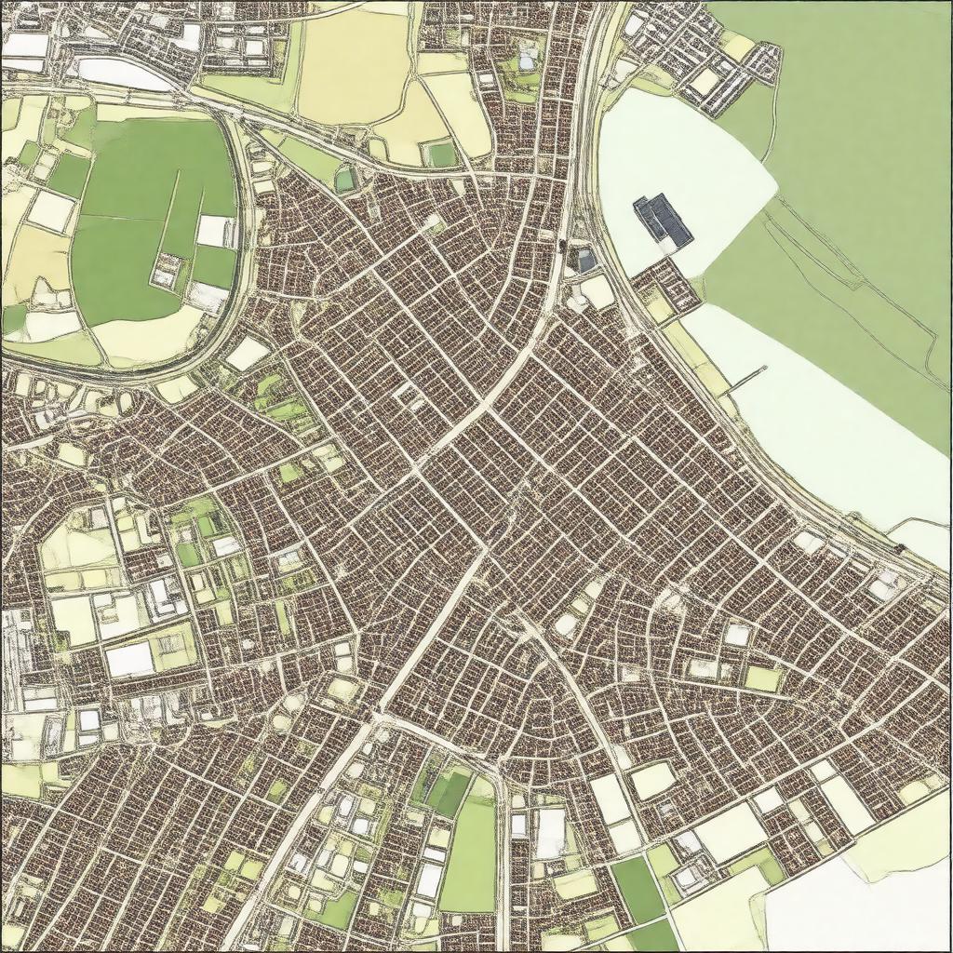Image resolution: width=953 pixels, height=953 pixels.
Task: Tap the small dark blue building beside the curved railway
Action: click(585, 261)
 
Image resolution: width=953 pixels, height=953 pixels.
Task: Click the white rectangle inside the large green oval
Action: click(215, 231)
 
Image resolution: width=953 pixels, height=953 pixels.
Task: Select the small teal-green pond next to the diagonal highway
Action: click(346, 179)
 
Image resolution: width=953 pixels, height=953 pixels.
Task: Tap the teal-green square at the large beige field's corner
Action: click(441, 154)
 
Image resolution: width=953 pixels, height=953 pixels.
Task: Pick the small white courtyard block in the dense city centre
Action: click(410, 395)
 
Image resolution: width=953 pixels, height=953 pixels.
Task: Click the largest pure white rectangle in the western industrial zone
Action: click(129, 659)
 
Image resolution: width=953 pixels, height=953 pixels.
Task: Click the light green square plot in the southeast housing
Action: click(762, 678)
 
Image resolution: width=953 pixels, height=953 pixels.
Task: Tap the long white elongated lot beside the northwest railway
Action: click(121, 74)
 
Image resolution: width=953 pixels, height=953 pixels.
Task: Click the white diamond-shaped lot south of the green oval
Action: click(247, 354)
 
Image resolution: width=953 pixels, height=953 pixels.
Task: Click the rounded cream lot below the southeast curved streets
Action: click(651, 780)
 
